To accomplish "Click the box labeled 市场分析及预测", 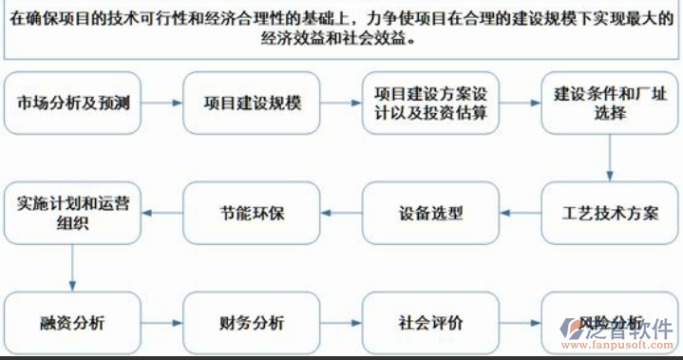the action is pyautogui.click(x=73, y=103).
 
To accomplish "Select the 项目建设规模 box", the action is pyautogui.click(x=252, y=103).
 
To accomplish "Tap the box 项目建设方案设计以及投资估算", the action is pyautogui.click(x=430, y=103).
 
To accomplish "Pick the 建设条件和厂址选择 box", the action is pyautogui.click(x=609, y=103).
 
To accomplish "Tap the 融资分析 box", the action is pyautogui.click(x=73, y=323).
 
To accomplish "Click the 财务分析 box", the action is pyautogui.click(x=252, y=323).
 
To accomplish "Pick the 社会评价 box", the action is pyautogui.click(x=430, y=323).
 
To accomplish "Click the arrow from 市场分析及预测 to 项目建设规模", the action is pyautogui.click(x=162, y=103).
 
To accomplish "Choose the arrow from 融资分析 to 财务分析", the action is pyautogui.click(x=162, y=323).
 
